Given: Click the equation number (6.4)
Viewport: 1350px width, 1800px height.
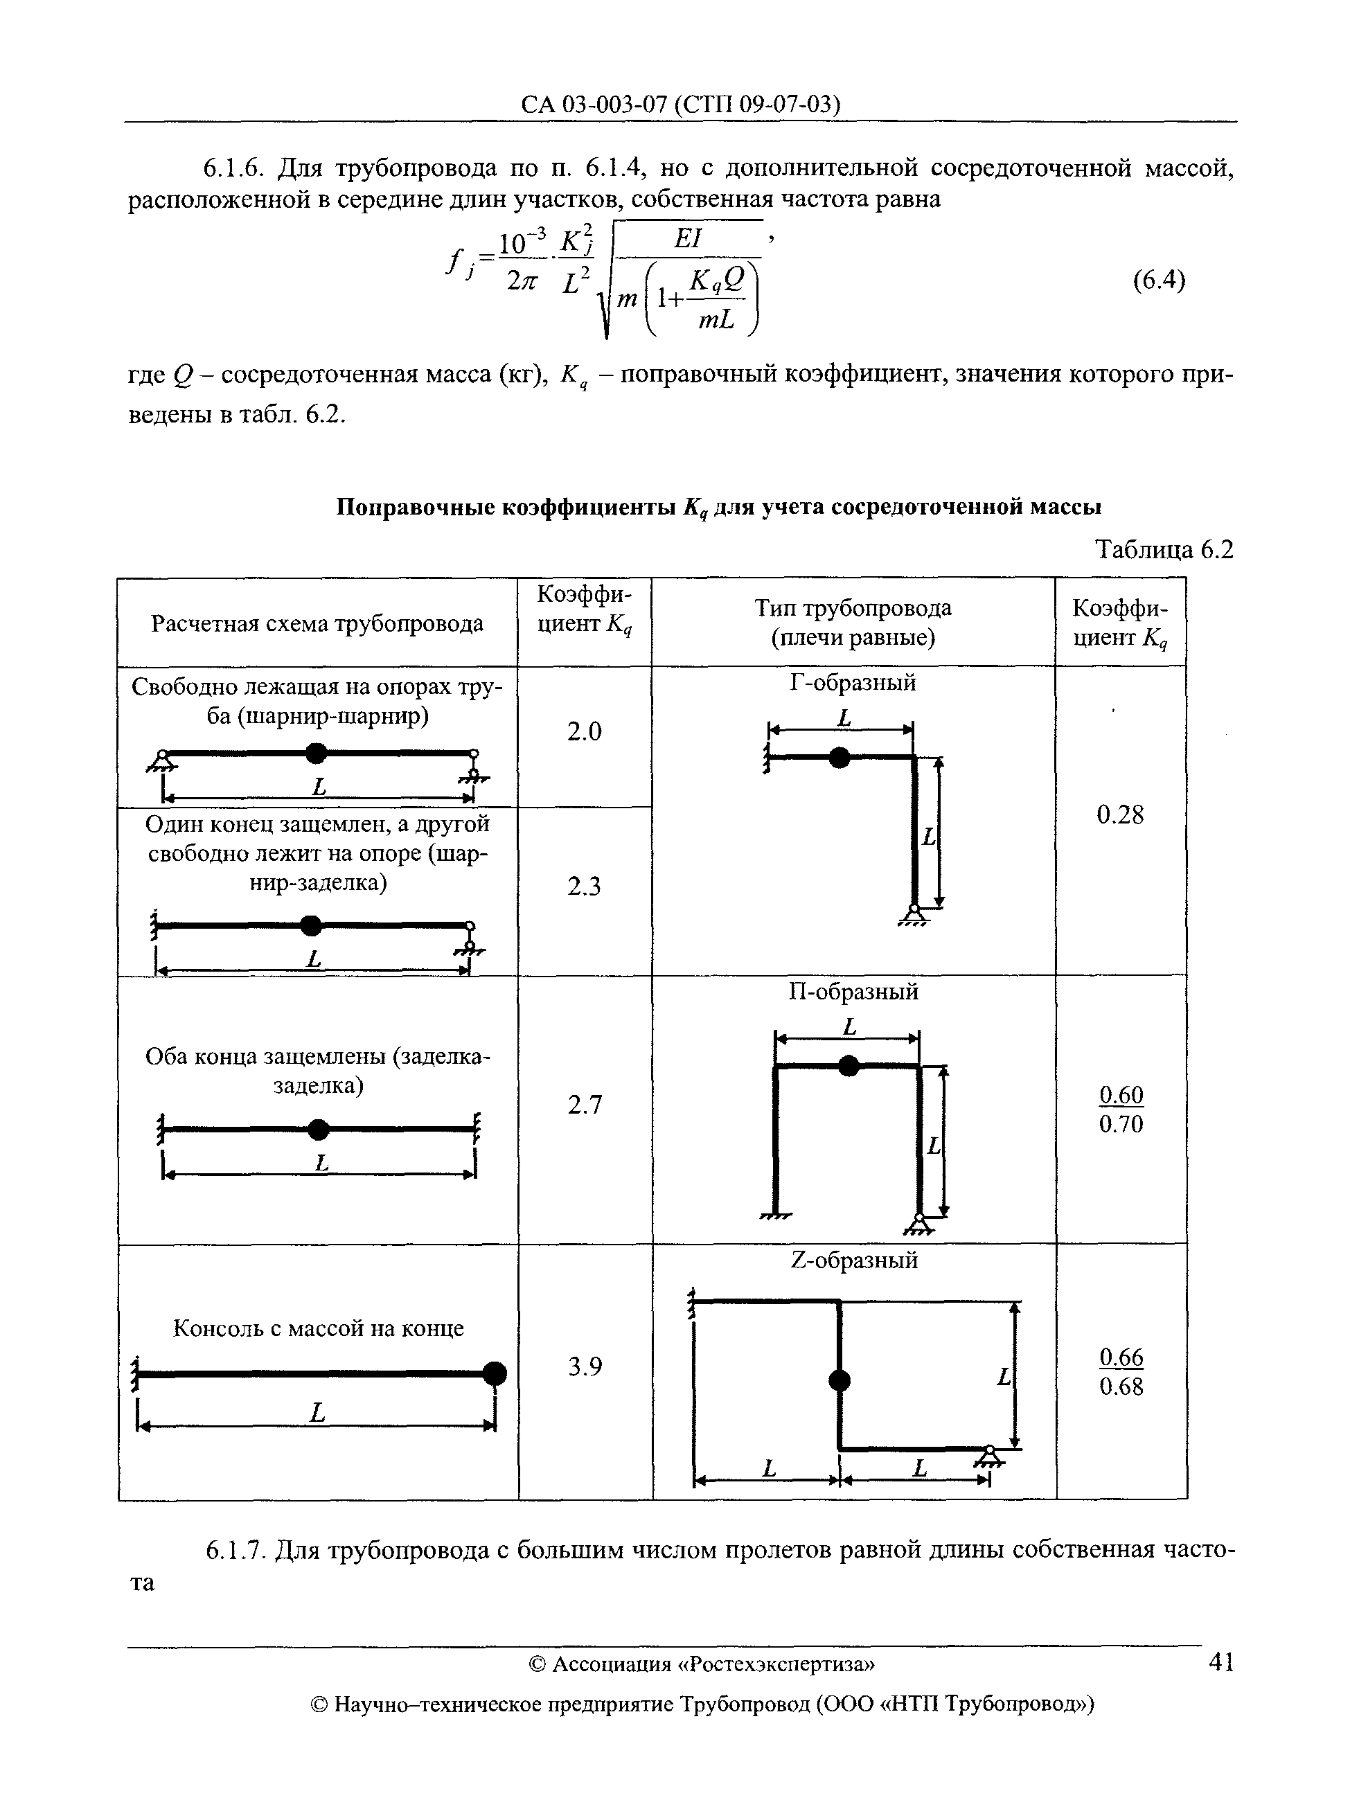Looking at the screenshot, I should tap(1159, 280).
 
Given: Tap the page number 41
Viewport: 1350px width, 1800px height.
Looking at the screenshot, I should tap(1220, 1661).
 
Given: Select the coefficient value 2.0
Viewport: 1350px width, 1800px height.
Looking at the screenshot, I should tap(585, 732).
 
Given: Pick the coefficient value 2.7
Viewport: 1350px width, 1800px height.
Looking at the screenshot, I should tap(585, 1105).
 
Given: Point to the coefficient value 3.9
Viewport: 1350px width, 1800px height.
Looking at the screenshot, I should tap(585, 1368).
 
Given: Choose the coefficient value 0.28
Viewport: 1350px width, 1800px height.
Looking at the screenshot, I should tap(1120, 814).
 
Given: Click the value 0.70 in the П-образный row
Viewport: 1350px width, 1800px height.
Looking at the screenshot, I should tap(1121, 1125).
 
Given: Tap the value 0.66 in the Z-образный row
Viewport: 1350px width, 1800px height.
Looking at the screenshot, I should tap(1121, 1357).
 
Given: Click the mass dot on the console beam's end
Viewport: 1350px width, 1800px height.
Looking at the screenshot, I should tap(494, 1373).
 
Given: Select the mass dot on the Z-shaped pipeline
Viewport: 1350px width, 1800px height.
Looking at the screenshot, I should tap(839, 1380).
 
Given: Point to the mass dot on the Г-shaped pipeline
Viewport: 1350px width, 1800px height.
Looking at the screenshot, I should tap(839, 758).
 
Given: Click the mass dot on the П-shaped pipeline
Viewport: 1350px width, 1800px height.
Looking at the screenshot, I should tap(849, 1066).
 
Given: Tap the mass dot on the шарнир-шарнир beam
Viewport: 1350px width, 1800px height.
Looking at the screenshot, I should tap(317, 754).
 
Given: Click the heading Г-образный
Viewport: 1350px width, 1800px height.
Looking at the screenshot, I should tap(853, 683).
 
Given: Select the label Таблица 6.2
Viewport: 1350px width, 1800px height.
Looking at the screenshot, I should tap(1164, 550).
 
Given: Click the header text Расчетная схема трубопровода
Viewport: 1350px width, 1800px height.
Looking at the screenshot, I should tap(317, 623).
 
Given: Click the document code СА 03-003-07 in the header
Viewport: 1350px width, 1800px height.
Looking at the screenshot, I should tap(594, 104).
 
